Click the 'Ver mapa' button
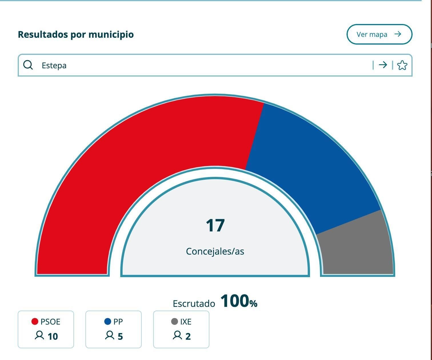click(379, 34)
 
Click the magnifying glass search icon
click(28, 65)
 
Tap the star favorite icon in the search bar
click(402, 65)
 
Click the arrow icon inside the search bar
click(383, 65)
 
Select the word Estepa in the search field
click(54, 65)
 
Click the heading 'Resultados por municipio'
click(76, 34)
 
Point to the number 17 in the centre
click(215, 225)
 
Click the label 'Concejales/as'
click(215, 251)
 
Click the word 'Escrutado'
click(194, 303)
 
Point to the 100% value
click(239, 301)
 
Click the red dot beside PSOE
click(35, 322)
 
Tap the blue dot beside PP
click(108, 322)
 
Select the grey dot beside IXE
click(175, 322)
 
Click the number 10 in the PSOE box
click(53, 336)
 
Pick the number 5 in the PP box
click(120, 336)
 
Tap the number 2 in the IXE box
click(188, 336)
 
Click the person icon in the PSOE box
click(39, 335)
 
